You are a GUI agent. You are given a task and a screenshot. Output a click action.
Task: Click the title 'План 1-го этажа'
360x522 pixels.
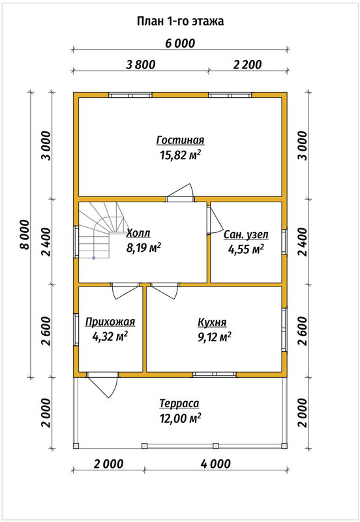coord(180,22)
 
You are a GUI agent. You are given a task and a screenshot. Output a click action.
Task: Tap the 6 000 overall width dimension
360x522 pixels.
coord(180,43)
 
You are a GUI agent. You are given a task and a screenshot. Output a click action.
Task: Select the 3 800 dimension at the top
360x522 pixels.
coord(140,64)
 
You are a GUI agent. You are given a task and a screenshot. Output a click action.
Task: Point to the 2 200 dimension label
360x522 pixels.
coord(247,64)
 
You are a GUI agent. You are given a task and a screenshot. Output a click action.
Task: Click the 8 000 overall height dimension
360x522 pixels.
coord(25,234)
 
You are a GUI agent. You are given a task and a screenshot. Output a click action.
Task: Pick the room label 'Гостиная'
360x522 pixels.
coord(180,140)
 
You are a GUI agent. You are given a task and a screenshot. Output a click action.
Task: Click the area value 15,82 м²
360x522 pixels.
coord(180,155)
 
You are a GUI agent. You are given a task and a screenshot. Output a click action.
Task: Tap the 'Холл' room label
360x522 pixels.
coord(138,233)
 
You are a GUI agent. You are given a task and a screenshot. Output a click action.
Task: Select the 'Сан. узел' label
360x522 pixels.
coord(246,235)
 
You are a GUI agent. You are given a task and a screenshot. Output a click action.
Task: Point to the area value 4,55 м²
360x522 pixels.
coord(246,249)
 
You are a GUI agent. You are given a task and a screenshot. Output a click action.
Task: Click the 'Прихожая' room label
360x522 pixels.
coord(110,322)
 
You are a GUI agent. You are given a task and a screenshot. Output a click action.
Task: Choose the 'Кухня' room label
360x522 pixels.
coord(212,322)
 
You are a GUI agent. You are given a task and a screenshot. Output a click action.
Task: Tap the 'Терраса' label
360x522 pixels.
coord(179,403)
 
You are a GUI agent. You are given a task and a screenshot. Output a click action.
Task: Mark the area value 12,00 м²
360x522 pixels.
coord(180,418)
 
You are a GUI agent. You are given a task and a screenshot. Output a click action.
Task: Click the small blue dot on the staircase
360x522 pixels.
coord(94,258)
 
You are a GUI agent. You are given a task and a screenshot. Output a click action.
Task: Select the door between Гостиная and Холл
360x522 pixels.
coord(180,193)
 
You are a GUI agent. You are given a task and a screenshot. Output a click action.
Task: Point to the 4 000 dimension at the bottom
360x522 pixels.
coord(216,464)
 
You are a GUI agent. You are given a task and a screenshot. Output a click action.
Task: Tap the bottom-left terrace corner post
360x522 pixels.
coord(76,446)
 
